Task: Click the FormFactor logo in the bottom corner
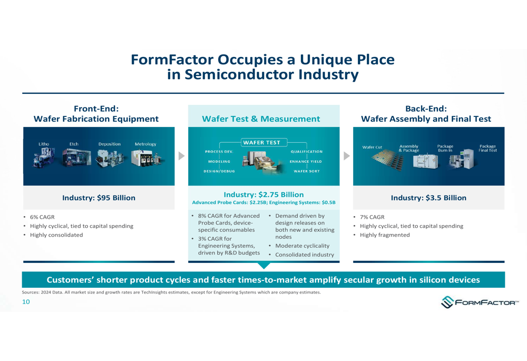click(x=480, y=303)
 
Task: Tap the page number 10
click(x=26, y=302)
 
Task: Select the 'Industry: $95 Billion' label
click(x=99, y=198)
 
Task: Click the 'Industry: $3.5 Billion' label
click(x=428, y=198)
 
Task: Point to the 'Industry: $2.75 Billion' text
click(x=263, y=194)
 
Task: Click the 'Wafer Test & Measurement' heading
click(x=261, y=119)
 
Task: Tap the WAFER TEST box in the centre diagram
click(x=261, y=142)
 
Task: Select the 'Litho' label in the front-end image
click(x=44, y=144)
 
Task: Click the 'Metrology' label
click(x=145, y=144)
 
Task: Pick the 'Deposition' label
click(x=109, y=144)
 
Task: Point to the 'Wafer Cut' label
click(x=372, y=147)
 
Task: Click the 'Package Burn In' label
click(x=445, y=148)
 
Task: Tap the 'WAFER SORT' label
click(x=306, y=171)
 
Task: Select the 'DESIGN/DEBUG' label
click(x=219, y=171)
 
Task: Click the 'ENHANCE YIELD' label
click(x=306, y=161)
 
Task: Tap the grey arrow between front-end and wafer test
click(x=181, y=156)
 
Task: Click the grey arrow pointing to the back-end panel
click(x=346, y=156)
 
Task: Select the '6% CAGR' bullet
click(x=42, y=217)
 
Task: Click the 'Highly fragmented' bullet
click(x=385, y=235)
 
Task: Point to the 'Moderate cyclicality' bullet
click(x=302, y=246)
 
